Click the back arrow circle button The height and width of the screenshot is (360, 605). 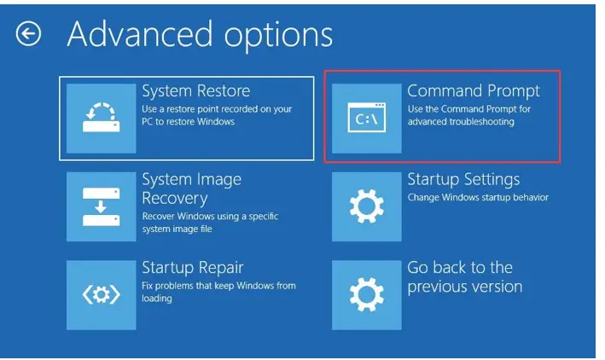[x=28, y=34]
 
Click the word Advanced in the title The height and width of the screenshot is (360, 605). [x=140, y=34]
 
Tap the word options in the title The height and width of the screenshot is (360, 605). [x=278, y=36]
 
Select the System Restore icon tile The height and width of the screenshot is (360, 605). [x=101, y=118]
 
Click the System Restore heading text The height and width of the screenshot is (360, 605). [x=196, y=91]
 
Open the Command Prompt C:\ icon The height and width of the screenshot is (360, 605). [x=367, y=118]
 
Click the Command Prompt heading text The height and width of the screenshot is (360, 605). [x=474, y=91]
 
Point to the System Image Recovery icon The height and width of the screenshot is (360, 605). [x=101, y=206]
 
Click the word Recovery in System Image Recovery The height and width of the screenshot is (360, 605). [x=175, y=198]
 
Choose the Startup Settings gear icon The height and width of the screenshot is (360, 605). [x=367, y=206]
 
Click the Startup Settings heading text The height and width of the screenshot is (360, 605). [x=463, y=179]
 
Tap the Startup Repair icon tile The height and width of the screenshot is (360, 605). [x=101, y=295]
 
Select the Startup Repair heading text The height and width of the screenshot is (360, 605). [x=193, y=267]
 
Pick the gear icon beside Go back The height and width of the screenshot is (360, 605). [x=367, y=295]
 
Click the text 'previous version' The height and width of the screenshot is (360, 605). [x=465, y=287]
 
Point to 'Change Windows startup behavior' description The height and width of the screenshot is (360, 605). [x=478, y=197]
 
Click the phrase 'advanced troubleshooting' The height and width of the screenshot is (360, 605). [x=461, y=121]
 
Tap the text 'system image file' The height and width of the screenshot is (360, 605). [x=177, y=229]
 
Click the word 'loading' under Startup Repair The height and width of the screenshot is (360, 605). [x=157, y=299]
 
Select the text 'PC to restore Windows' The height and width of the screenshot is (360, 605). [x=189, y=121]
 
